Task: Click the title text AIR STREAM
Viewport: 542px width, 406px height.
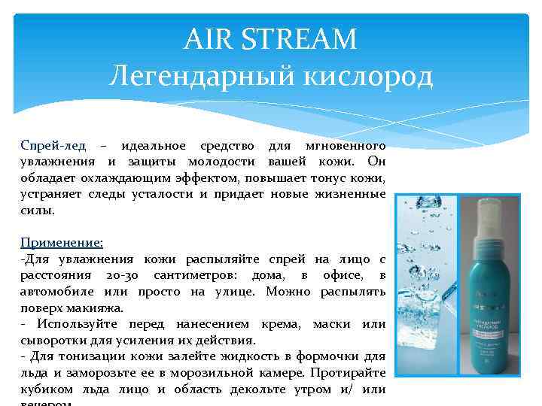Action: click(270, 38)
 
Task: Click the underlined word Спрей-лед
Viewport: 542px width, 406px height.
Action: click(53, 144)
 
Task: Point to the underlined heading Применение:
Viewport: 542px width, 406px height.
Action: click(62, 242)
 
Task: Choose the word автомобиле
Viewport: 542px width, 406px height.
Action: click(52, 292)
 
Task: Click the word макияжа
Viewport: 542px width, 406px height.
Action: click(96, 308)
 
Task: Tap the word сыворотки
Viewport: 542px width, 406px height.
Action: click(51, 340)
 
